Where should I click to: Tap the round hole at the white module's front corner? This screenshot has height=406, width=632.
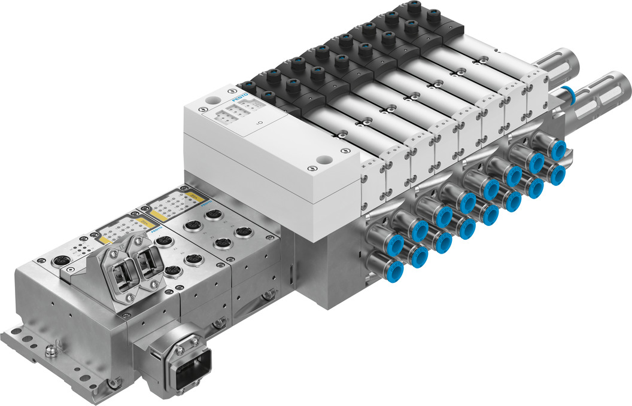(324, 161)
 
